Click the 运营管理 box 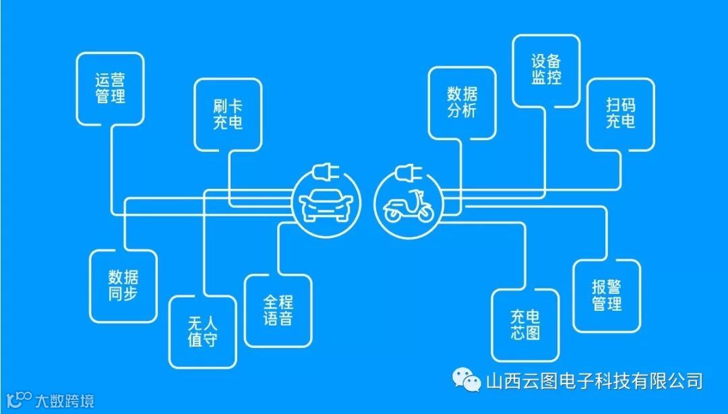pos(110,89)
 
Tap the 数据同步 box pos(123,285)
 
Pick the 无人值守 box pos(203,331)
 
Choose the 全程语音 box pos(278,310)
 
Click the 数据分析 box pos(462,102)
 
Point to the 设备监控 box pos(546,70)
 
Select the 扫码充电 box pos(620,114)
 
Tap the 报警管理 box pos(607,296)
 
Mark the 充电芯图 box pos(525,325)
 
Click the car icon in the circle pos(324,206)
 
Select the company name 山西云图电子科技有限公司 pos(594,381)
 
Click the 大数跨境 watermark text pos(65,401)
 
